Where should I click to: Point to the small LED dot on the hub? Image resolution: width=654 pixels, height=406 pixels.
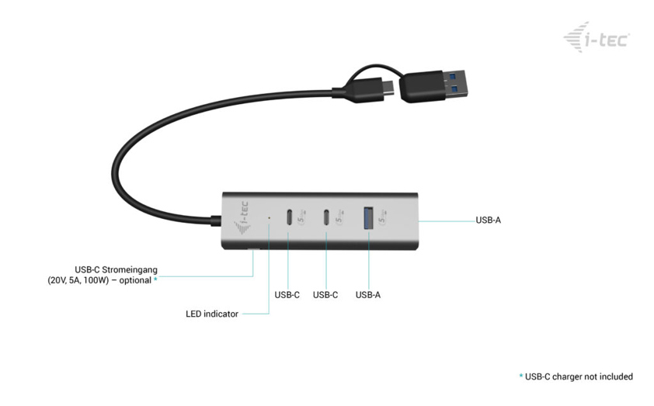click(x=269, y=218)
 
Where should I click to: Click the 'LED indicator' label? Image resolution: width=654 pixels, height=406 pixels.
click(x=212, y=314)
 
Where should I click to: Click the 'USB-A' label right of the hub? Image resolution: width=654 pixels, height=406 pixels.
click(x=488, y=220)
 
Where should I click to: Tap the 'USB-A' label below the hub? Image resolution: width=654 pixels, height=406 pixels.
click(x=368, y=295)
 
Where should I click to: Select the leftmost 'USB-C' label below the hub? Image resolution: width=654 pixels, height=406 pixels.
click(x=287, y=295)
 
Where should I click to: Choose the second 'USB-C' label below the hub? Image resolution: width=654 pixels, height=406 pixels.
click(x=325, y=295)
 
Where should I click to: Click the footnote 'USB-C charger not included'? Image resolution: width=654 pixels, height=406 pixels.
click(x=579, y=377)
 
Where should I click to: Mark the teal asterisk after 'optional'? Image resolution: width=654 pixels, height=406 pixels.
click(x=155, y=279)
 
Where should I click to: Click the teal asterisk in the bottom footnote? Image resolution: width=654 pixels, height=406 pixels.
click(x=520, y=377)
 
